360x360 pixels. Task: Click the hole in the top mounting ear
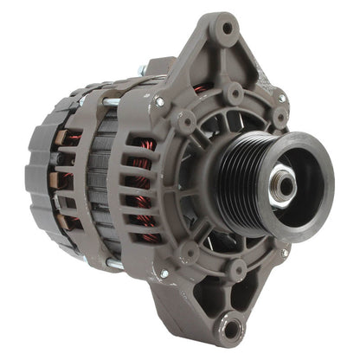pos(227,28)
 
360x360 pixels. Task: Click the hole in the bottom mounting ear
pos(232,328)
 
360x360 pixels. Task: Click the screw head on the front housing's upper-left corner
pos(160,101)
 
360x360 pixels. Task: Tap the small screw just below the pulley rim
pos(284,253)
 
